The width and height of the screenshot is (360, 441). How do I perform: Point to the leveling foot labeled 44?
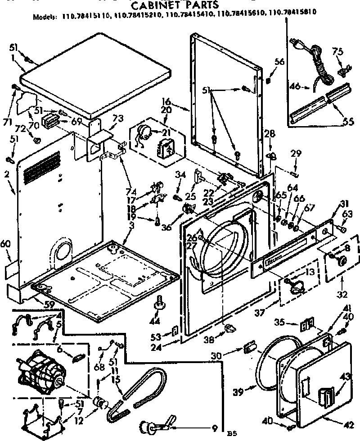pyautogui.click(x=159, y=305)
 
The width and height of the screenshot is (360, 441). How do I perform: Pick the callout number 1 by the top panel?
pyautogui.click(x=13, y=58)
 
